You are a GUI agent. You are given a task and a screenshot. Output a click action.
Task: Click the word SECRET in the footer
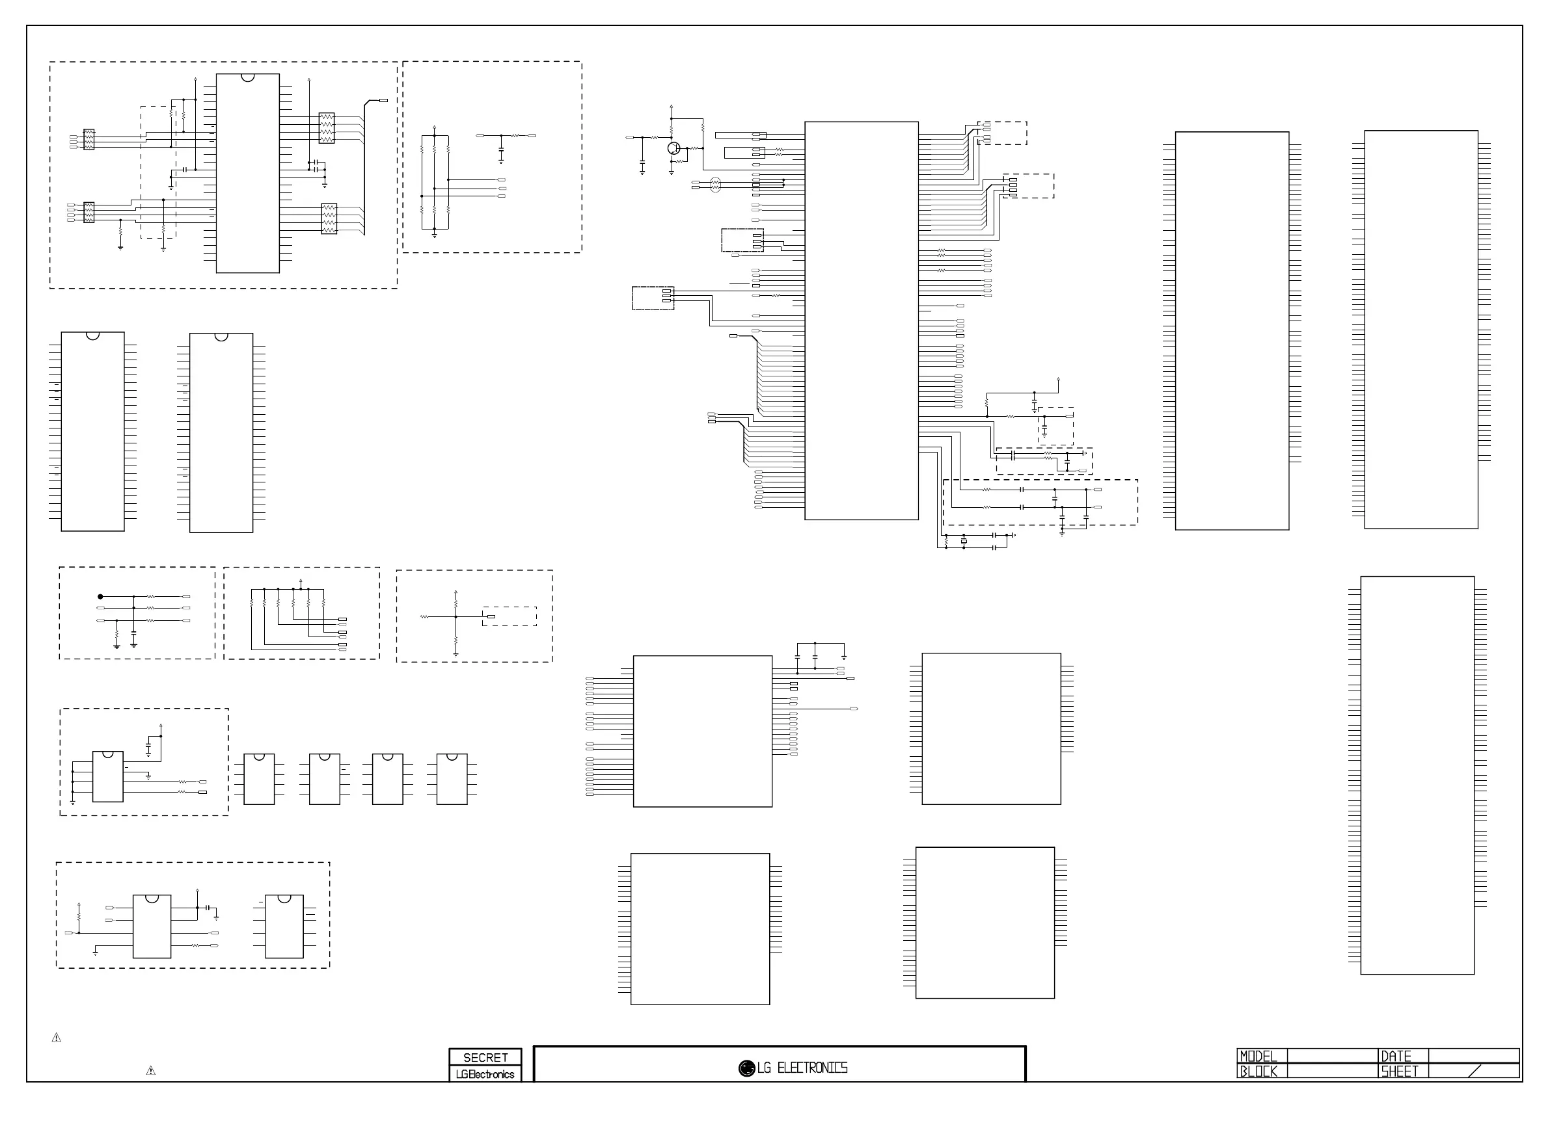pyautogui.click(x=485, y=1057)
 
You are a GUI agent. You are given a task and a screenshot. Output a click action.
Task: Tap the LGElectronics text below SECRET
pyautogui.click(x=485, y=1074)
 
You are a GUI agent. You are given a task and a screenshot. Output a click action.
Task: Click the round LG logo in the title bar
pyautogui.click(x=746, y=1068)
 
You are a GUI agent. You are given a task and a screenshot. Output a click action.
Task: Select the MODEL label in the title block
pyautogui.click(x=1258, y=1057)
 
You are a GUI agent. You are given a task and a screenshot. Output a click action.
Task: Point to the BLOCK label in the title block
pyautogui.click(x=1258, y=1071)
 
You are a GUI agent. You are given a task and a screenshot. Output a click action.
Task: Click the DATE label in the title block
pyautogui.click(x=1396, y=1057)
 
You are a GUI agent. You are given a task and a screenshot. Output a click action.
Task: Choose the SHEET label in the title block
pyautogui.click(x=1399, y=1071)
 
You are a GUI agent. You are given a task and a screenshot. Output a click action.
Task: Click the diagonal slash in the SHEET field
pyautogui.click(x=1474, y=1071)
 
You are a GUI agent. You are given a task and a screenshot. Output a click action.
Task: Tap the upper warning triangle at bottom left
pyautogui.click(x=57, y=1037)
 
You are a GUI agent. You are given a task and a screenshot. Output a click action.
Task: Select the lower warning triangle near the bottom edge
pyautogui.click(x=151, y=1070)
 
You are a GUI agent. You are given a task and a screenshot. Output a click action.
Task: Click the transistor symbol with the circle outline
pyautogui.click(x=674, y=148)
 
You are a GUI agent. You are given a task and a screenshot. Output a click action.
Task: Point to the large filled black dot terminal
pyautogui.click(x=100, y=596)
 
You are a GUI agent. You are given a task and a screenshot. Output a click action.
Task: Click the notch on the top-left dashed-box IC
pyautogui.click(x=248, y=77)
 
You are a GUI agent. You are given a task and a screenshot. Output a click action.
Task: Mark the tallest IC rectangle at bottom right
pyautogui.click(x=1417, y=775)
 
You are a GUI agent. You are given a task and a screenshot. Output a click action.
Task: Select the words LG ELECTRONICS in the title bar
pyautogui.click(x=802, y=1068)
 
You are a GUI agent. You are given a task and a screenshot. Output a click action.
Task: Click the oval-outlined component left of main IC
pyautogui.click(x=716, y=184)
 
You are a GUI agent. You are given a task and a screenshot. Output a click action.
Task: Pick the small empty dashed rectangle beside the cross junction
pyautogui.click(x=510, y=616)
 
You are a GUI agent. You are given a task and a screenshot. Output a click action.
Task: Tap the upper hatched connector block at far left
pyautogui.click(x=88, y=139)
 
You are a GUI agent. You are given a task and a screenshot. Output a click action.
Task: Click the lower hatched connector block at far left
pyautogui.click(x=88, y=213)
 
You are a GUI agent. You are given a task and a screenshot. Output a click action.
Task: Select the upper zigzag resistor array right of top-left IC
pyautogui.click(x=326, y=128)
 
